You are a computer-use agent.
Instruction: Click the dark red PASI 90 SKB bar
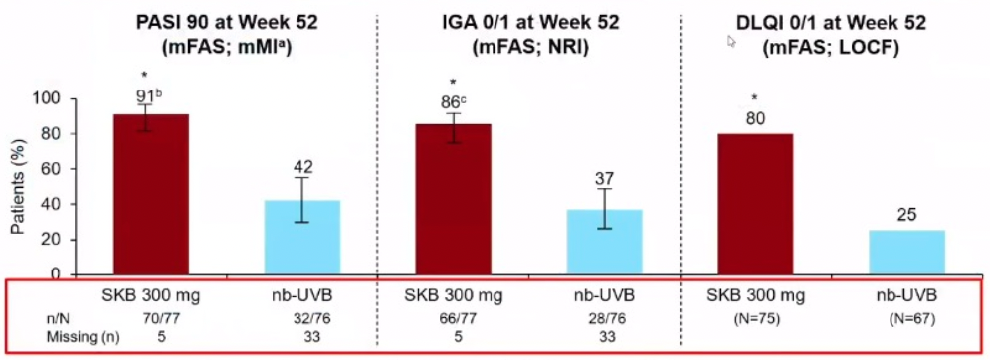coord(151,195)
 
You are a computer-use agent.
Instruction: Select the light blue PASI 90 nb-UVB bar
coord(302,238)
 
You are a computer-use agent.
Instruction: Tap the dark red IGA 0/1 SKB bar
coord(453,200)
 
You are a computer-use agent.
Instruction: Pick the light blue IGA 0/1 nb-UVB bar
coord(604,243)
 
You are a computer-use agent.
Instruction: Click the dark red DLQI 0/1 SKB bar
coord(755,205)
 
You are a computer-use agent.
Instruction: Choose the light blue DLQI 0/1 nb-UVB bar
coord(906,253)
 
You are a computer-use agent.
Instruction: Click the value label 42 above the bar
coord(302,167)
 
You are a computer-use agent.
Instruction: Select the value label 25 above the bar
coord(906,216)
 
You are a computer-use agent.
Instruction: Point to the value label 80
coord(755,118)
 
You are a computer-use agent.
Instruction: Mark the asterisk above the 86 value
coord(453,83)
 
